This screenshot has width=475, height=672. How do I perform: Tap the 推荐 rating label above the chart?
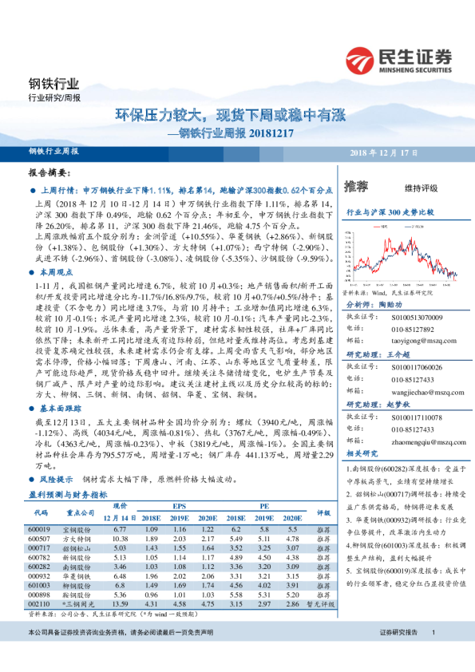pyautogui.click(x=356, y=188)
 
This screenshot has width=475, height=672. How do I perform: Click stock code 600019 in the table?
pyautogui.click(x=38, y=529)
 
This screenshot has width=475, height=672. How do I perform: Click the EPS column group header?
pyautogui.click(x=180, y=506)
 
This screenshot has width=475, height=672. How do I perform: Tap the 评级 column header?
pyautogui.click(x=323, y=512)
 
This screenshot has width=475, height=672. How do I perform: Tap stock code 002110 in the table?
pyautogui.click(x=38, y=604)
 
